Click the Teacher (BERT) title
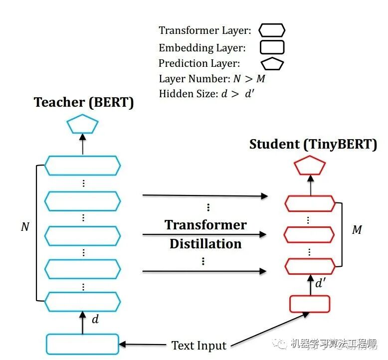click(x=84, y=103)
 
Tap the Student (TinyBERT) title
click(x=313, y=145)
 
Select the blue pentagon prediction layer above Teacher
click(x=83, y=125)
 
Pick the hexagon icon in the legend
click(x=272, y=30)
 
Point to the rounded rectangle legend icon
click(x=272, y=47)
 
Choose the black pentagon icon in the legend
click(x=272, y=63)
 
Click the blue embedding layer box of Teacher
click(x=83, y=345)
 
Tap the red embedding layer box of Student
click(x=310, y=304)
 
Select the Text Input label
click(x=198, y=345)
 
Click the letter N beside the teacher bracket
click(x=25, y=227)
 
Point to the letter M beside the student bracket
click(x=357, y=230)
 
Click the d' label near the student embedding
click(x=320, y=284)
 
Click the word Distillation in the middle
click(x=205, y=244)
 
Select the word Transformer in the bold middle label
click(x=205, y=225)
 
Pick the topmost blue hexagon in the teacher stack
click(x=83, y=166)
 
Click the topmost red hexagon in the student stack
click(x=310, y=203)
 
